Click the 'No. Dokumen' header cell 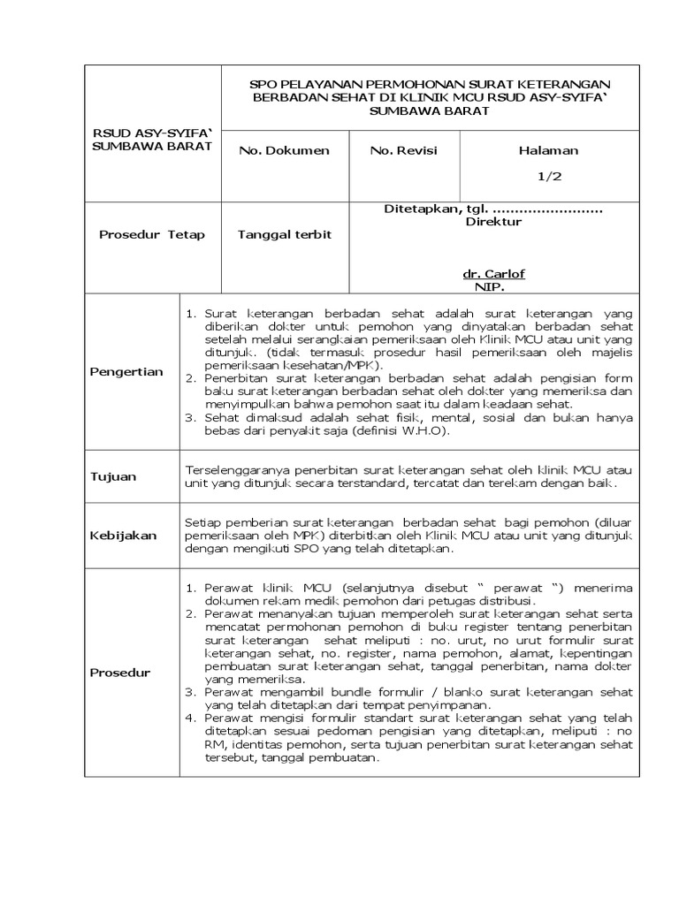tap(284, 150)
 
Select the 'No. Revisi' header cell tap(403, 150)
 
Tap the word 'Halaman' tap(548, 150)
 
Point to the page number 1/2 tap(549, 176)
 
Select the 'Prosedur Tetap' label tap(151, 234)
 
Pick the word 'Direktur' tap(493, 222)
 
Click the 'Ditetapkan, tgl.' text tap(434, 209)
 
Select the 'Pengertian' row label tap(127, 371)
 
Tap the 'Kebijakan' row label tap(123, 536)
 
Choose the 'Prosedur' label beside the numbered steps tap(120, 673)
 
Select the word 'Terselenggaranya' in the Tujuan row tap(233, 470)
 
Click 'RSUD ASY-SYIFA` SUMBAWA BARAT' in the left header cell tap(152, 140)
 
